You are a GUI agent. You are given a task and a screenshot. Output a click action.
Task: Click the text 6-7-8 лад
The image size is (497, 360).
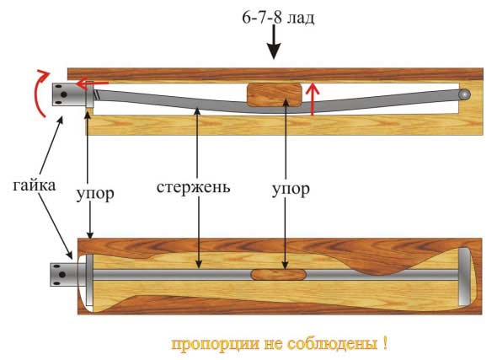click(278, 18)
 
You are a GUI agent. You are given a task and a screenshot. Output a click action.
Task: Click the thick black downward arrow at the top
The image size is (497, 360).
click(274, 42)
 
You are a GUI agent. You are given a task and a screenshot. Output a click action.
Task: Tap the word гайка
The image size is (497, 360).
click(35, 185)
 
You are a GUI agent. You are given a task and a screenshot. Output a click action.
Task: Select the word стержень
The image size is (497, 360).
click(194, 187)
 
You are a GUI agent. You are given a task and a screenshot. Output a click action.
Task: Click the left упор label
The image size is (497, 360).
click(95, 193)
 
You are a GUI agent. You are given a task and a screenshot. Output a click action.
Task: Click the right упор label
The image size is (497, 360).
click(291, 190)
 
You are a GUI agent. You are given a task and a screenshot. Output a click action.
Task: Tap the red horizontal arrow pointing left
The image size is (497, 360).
click(93, 83)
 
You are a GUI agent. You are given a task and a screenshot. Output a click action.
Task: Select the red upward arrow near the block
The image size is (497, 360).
click(313, 99)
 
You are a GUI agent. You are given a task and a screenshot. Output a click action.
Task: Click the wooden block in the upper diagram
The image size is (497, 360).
click(274, 94)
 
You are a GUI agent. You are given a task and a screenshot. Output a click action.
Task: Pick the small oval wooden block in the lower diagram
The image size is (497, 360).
click(279, 274)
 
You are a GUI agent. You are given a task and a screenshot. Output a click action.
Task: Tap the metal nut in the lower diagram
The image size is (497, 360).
click(64, 274)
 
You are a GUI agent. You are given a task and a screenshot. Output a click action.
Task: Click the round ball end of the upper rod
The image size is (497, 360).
click(465, 94)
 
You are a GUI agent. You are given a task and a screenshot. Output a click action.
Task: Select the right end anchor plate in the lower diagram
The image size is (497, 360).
click(464, 277)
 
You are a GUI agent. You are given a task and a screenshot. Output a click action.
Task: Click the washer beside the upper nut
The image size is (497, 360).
click(89, 94)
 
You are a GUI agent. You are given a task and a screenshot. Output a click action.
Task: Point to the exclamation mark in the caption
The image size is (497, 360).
click(385, 343)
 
